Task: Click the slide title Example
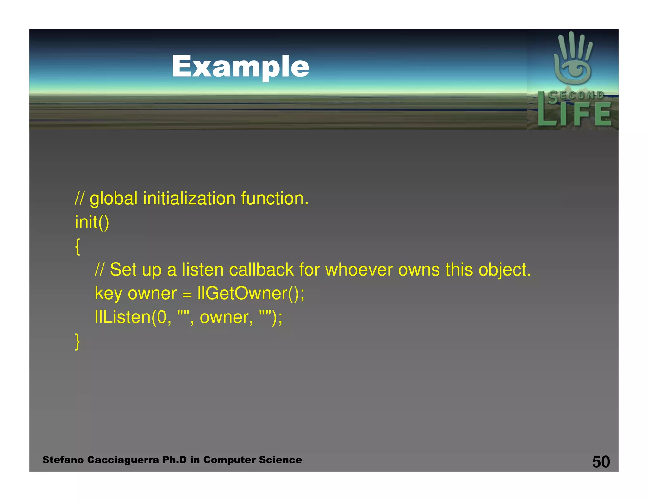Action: pyautogui.click(x=240, y=67)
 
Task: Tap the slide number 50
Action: pyautogui.click(x=601, y=461)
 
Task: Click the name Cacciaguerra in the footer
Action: pyautogui.click(x=123, y=460)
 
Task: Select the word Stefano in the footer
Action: pyautogui.click(x=63, y=460)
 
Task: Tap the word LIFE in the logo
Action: pyautogui.click(x=574, y=114)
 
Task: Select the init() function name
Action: pyautogui.click(x=92, y=222)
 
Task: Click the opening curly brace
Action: pyautogui.click(x=78, y=246)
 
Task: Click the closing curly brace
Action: pyautogui.click(x=78, y=341)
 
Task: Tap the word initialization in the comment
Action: pyautogui.click(x=189, y=199)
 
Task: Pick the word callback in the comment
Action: pyautogui.click(x=261, y=270)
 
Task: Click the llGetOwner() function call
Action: pyautogui.click(x=251, y=294)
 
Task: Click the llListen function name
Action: pyautogui.click(x=123, y=317)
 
